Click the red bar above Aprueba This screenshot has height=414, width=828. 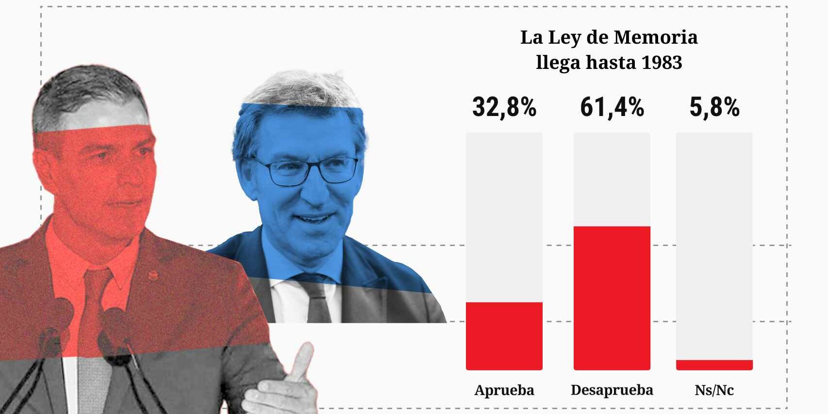pos(504,336)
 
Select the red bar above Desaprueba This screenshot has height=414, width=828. pos(612,298)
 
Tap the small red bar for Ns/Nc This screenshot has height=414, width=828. pos(714,365)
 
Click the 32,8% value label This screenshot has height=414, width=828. pos(504,107)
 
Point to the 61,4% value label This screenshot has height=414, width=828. pos(612,107)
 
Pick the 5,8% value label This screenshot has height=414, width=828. pos(714,107)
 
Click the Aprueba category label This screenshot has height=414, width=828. pos(504,390)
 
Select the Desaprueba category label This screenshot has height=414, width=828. pos(612,390)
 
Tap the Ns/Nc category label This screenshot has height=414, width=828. pos(714,390)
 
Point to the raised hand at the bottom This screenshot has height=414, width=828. pos(282,383)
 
